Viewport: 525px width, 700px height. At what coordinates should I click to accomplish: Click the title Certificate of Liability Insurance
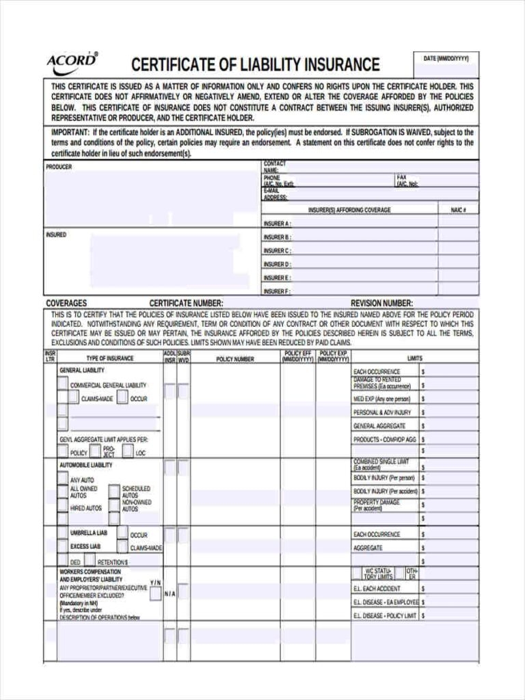pos(255,65)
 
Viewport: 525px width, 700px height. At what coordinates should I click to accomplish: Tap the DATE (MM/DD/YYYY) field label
pos(446,59)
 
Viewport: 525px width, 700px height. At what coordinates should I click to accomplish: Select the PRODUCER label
pos(59,167)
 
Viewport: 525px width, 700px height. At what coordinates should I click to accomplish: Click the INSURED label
pos(56,234)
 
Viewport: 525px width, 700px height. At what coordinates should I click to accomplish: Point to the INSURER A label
pos(277,224)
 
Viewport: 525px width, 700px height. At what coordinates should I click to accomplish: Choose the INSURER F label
pos(277,291)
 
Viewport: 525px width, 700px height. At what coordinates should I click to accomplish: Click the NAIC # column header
pos(458,210)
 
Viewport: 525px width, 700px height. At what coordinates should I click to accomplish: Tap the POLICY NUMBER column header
pos(234,359)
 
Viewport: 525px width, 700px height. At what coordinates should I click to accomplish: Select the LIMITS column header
pos(415,358)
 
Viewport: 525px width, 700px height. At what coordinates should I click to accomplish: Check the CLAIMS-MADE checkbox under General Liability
pos(74,398)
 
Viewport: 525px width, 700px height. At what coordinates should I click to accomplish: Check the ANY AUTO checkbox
pos(63,479)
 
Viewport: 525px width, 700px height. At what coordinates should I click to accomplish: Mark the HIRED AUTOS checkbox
pos(63,508)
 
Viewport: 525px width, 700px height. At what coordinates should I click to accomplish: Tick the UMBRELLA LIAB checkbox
pos(63,533)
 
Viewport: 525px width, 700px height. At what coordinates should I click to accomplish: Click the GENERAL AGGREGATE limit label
pos(379,426)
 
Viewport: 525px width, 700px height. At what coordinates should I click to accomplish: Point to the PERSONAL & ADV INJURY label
pos(381,412)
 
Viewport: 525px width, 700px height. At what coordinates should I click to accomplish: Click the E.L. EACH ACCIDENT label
pos(377,589)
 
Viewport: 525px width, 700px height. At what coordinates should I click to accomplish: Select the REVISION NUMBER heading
pos(381,303)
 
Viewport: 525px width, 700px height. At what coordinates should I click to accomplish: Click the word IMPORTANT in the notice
pos(70,132)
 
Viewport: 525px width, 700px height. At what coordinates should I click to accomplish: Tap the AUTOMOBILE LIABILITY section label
pos(86,465)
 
